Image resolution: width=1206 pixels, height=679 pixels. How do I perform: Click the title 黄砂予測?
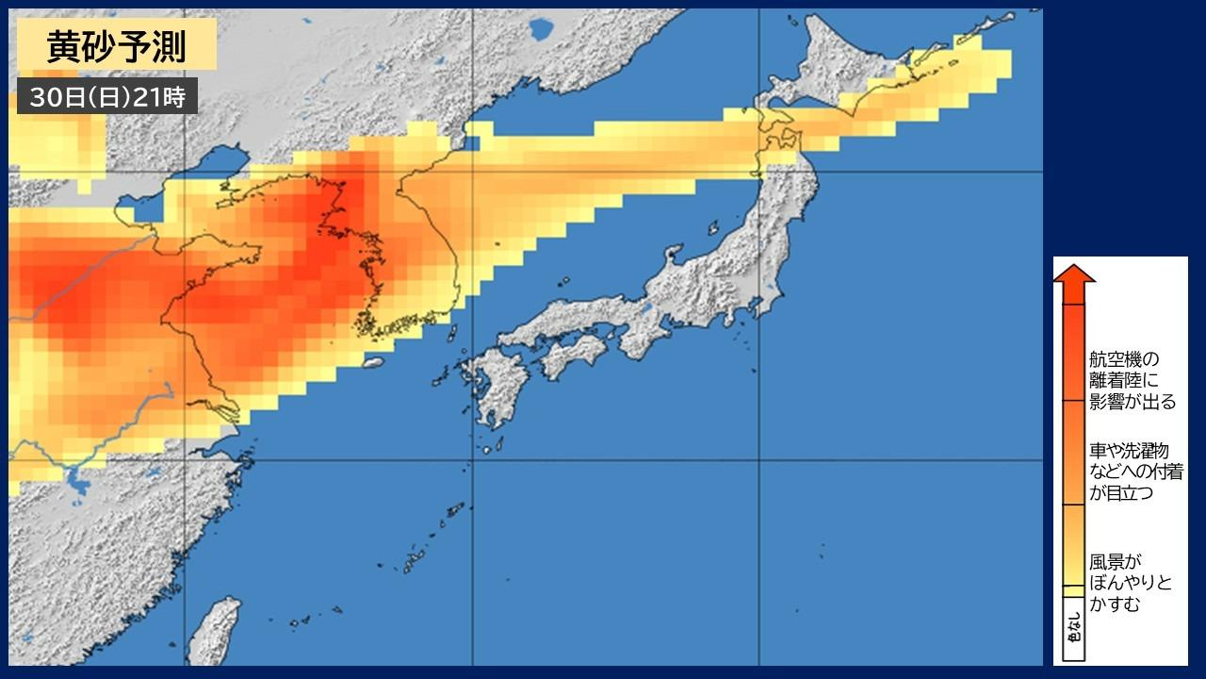(117, 45)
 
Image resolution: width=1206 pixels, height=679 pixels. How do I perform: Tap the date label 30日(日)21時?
(107, 96)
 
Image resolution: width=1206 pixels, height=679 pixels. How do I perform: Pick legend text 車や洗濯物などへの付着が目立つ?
(1136, 472)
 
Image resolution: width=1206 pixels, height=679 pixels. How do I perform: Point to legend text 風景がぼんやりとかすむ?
(1131, 583)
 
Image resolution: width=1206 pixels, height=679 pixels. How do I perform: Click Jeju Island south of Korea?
(374, 362)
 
